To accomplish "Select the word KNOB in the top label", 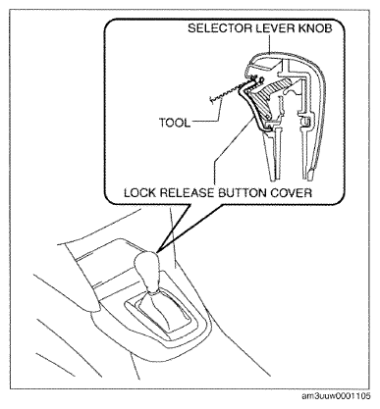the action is click(x=314, y=28).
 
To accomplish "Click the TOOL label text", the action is click(x=175, y=124).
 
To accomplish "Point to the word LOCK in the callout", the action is click(x=139, y=193).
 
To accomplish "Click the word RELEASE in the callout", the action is click(x=187, y=193).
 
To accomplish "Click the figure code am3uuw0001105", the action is click(x=336, y=396).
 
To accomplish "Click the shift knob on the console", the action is click(x=146, y=270).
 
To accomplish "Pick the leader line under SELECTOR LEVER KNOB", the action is click(x=269, y=44).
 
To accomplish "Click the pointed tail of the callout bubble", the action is click(x=158, y=251).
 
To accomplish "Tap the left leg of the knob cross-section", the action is click(x=272, y=155).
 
